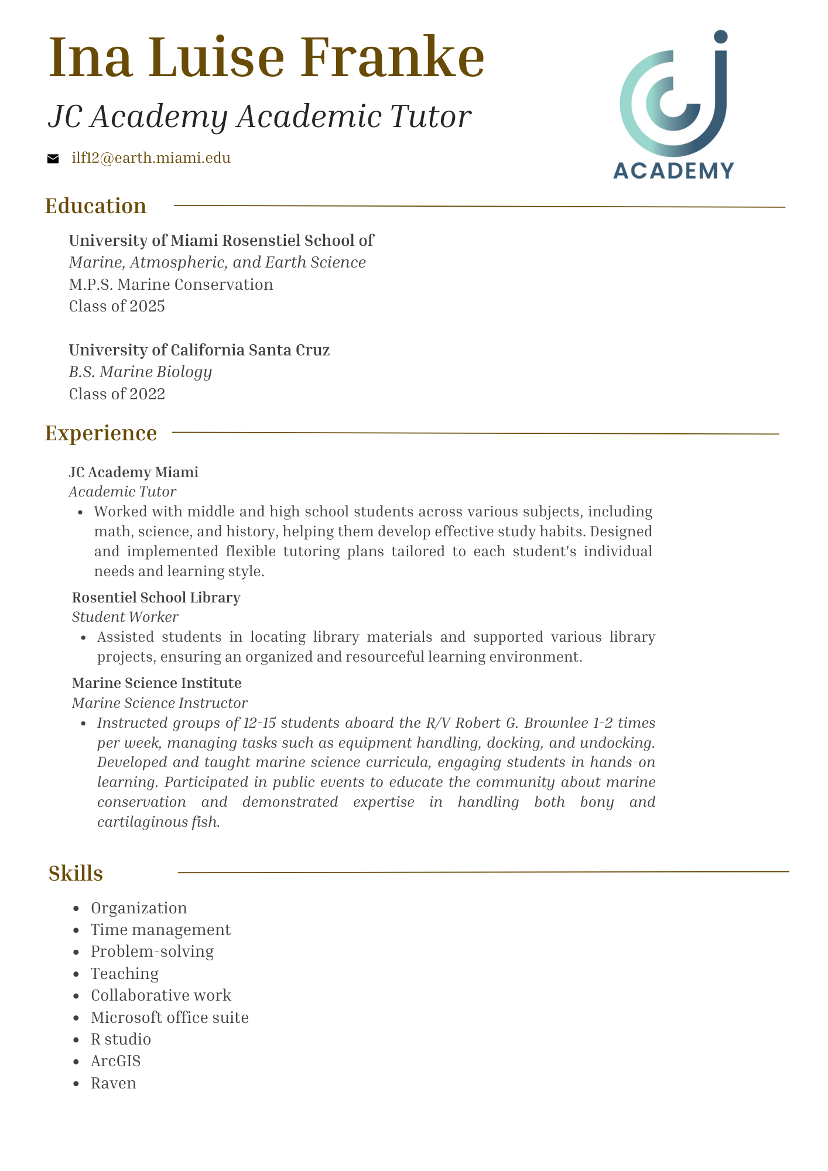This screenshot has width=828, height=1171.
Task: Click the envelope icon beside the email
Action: click(x=53, y=158)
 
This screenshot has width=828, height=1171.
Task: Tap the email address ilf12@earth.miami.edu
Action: click(x=150, y=158)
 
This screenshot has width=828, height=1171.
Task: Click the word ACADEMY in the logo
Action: click(x=673, y=170)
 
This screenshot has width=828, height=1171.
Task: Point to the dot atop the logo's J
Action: click(x=721, y=36)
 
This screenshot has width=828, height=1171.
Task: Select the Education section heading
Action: click(x=96, y=206)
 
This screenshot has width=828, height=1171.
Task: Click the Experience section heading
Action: click(x=101, y=433)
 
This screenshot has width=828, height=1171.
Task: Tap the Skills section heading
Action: click(x=76, y=873)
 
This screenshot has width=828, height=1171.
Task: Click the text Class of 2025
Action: click(x=117, y=306)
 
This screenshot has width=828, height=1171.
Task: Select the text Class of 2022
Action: click(x=117, y=394)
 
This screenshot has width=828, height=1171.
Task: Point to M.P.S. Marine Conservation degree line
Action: click(x=171, y=285)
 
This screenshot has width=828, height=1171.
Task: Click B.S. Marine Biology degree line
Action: click(x=141, y=372)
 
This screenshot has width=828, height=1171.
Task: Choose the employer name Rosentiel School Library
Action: click(x=156, y=598)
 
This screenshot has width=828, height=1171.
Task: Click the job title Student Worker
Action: click(x=125, y=617)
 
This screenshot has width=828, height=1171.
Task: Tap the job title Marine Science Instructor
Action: click(x=159, y=703)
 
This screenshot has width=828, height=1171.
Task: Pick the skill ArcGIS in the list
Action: click(x=116, y=1061)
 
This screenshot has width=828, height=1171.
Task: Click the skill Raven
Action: click(x=114, y=1083)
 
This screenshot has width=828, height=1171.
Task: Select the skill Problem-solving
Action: click(x=152, y=951)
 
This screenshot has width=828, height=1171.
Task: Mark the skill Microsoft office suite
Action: click(x=170, y=1018)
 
